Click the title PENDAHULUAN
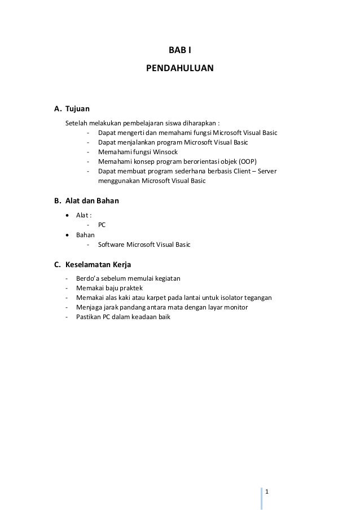180,69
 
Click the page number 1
267,490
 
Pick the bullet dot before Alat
68,215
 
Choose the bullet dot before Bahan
68,234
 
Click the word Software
112,245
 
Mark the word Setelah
77,123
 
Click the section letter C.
57,264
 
